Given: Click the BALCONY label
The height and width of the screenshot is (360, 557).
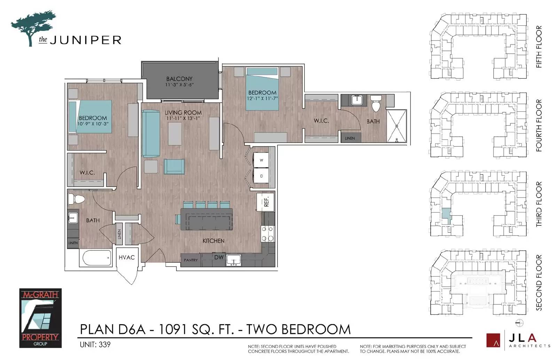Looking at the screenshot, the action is click(179, 79).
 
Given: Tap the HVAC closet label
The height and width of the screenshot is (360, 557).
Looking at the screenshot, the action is click(127, 257).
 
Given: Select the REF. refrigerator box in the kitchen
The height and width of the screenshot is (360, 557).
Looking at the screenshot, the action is click(266, 202).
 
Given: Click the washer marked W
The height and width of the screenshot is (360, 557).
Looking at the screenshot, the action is click(261, 160).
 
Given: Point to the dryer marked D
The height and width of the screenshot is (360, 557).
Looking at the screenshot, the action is click(261, 176).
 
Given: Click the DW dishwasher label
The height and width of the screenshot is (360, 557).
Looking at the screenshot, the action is click(219, 257).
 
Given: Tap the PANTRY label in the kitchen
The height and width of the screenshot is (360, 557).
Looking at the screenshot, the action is click(191, 260).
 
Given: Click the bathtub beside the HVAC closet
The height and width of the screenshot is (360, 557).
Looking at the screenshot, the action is click(97, 258).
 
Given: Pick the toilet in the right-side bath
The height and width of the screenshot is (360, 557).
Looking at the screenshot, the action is click(376, 104).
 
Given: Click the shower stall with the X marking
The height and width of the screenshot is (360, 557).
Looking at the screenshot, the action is click(397, 126).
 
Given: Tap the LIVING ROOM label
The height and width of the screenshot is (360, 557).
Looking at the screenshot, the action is click(183, 113).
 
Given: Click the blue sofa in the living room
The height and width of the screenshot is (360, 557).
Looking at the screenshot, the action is click(151, 134).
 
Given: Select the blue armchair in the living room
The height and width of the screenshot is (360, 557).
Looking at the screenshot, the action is click(174, 167).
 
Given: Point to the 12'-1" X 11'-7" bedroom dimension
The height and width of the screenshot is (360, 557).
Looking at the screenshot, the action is click(262, 98).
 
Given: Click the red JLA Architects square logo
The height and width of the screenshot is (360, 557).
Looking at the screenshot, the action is click(493, 340).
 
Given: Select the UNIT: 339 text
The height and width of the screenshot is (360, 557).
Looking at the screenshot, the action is click(95, 345).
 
